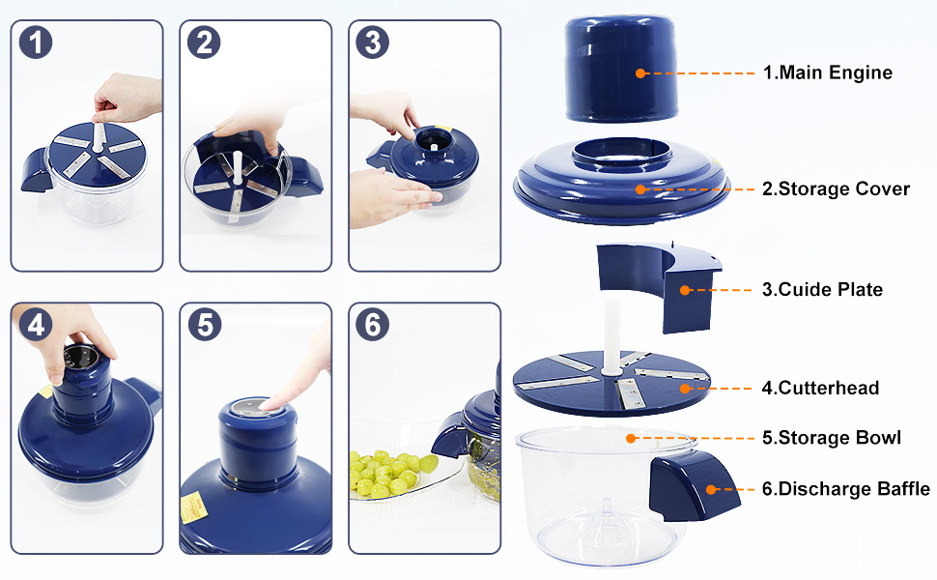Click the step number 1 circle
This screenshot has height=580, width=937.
tap(35, 42)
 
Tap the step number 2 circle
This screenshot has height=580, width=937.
tap(204, 42)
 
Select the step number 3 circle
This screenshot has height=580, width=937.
tap(373, 42)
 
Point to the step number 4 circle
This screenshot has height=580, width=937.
tap(35, 325)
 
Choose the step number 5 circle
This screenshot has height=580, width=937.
tap(204, 325)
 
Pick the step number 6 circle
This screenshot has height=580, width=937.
tap(373, 325)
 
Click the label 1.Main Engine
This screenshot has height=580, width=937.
tap(827, 72)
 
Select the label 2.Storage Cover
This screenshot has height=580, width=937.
tap(835, 188)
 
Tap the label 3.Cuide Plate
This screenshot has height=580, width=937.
tap(821, 289)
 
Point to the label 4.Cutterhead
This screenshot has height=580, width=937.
tap(820, 388)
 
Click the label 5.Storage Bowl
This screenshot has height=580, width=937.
tap(831, 438)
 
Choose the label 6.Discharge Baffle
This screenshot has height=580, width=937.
tap(845, 489)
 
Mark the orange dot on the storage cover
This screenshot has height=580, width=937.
tap(639, 189)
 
